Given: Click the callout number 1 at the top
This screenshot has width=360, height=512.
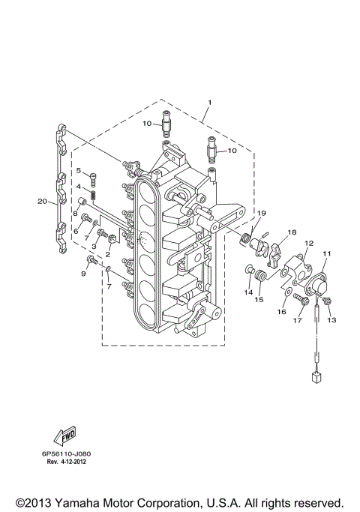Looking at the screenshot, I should [x=210, y=102].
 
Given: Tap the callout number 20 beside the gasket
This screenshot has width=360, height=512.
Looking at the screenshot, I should [x=42, y=201].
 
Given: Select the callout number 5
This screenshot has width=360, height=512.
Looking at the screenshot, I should [x=78, y=171].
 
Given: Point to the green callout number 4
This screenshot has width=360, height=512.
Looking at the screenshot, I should [x=78, y=186].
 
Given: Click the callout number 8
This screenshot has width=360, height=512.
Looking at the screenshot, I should [x=75, y=214].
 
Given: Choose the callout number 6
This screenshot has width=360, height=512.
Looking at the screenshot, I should [x=75, y=231].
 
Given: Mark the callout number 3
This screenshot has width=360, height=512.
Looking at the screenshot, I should [x=94, y=246].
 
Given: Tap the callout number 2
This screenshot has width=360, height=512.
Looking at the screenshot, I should [x=108, y=254].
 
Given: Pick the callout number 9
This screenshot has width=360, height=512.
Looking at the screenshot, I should [x=83, y=274].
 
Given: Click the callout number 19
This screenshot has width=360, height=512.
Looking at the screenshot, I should [x=260, y=214].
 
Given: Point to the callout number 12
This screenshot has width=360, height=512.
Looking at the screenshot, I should [x=307, y=244].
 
